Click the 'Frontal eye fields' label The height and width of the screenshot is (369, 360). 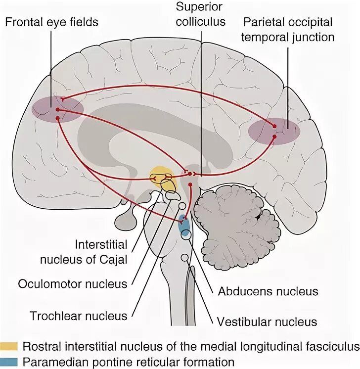52,22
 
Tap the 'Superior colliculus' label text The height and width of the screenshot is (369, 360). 201,14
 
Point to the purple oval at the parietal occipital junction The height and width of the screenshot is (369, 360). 274,131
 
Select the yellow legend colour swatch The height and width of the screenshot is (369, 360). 9,347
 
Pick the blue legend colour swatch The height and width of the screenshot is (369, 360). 9,362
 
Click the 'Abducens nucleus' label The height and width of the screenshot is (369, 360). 268,291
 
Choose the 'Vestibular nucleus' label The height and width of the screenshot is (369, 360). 267,322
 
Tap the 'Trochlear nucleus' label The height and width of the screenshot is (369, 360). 79,315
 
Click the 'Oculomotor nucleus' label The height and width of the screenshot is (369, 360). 73,284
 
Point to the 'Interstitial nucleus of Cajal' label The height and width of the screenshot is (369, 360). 101,252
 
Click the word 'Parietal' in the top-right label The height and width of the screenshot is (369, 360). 262,22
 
